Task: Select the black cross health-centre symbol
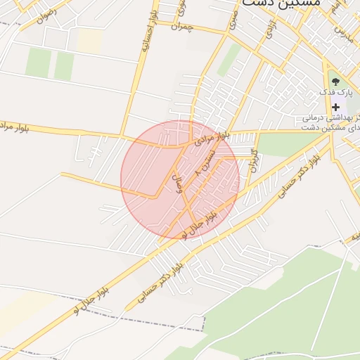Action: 335,106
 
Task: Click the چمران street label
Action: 181,27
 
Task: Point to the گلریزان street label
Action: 253,161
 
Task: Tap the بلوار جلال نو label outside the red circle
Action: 91,299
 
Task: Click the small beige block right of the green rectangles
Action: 89,40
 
